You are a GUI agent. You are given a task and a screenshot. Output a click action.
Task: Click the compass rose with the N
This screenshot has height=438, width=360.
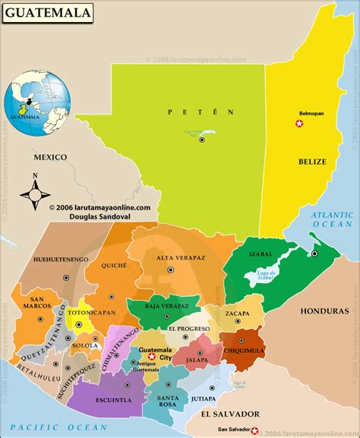[x=34, y=193]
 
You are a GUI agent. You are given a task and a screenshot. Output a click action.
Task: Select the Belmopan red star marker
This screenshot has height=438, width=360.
[x=299, y=123]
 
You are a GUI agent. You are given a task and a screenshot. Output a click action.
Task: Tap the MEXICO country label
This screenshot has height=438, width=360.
[x=49, y=157]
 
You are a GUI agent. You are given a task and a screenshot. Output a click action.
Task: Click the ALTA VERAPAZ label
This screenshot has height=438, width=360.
[x=181, y=258]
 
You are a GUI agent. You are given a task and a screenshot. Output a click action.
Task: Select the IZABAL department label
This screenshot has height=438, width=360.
[x=262, y=255]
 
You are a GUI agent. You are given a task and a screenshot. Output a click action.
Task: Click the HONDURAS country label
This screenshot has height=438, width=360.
[x=324, y=311]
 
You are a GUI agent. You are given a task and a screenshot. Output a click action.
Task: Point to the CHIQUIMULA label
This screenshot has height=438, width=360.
[x=244, y=351]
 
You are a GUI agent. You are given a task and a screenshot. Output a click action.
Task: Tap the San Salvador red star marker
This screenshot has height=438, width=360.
[x=254, y=431]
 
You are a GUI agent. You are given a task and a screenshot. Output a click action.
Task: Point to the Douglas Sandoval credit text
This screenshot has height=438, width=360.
[x=99, y=215]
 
